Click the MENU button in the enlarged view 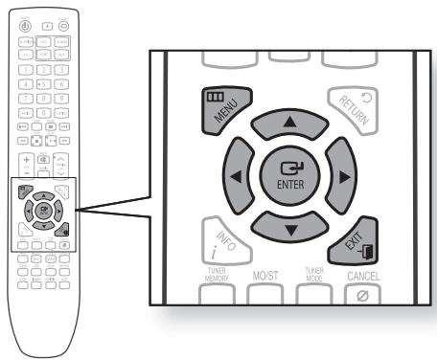[223, 106]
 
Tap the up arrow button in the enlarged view [288, 125]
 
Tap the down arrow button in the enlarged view [287, 223]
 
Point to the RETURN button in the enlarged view [353, 107]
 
